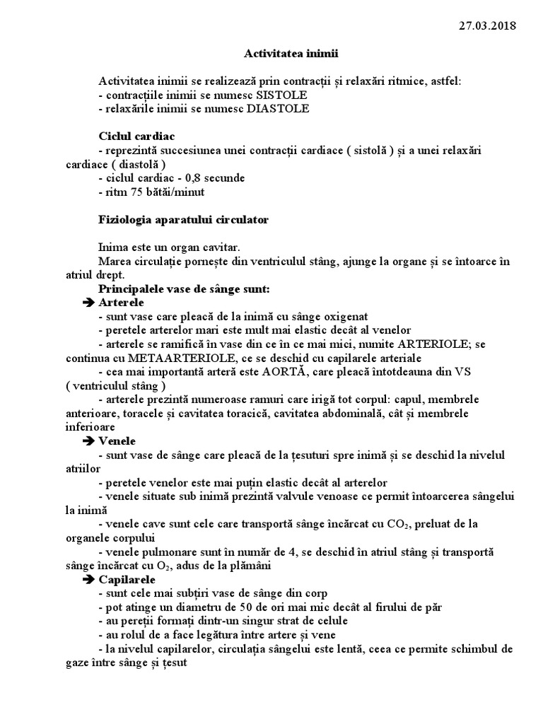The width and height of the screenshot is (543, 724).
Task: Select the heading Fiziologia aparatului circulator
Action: pyautogui.click(x=184, y=220)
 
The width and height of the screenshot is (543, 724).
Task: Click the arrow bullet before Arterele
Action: pyautogui.click(x=89, y=303)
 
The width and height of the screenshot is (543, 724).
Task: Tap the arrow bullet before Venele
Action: pyautogui.click(x=89, y=440)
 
